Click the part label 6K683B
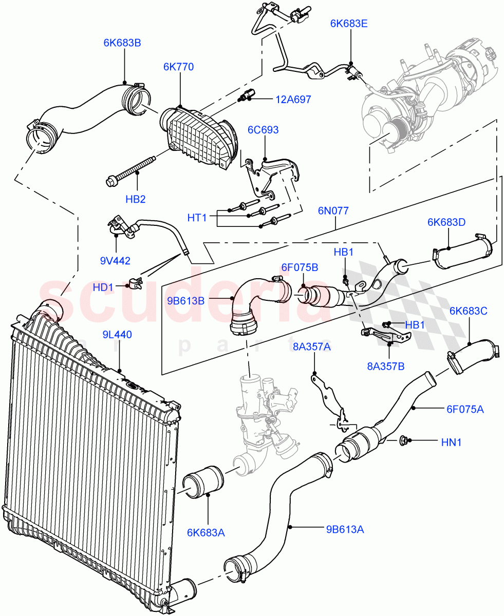click(122, 43)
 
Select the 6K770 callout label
click(179, 67)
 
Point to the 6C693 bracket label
click(263, 130)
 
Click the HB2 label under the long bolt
click(136, 199)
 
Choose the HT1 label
click(197, 218)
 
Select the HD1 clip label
click(103, 287)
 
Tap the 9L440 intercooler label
click(118, 335)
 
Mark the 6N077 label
click(333, 210)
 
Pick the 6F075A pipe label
click(464, 409)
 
